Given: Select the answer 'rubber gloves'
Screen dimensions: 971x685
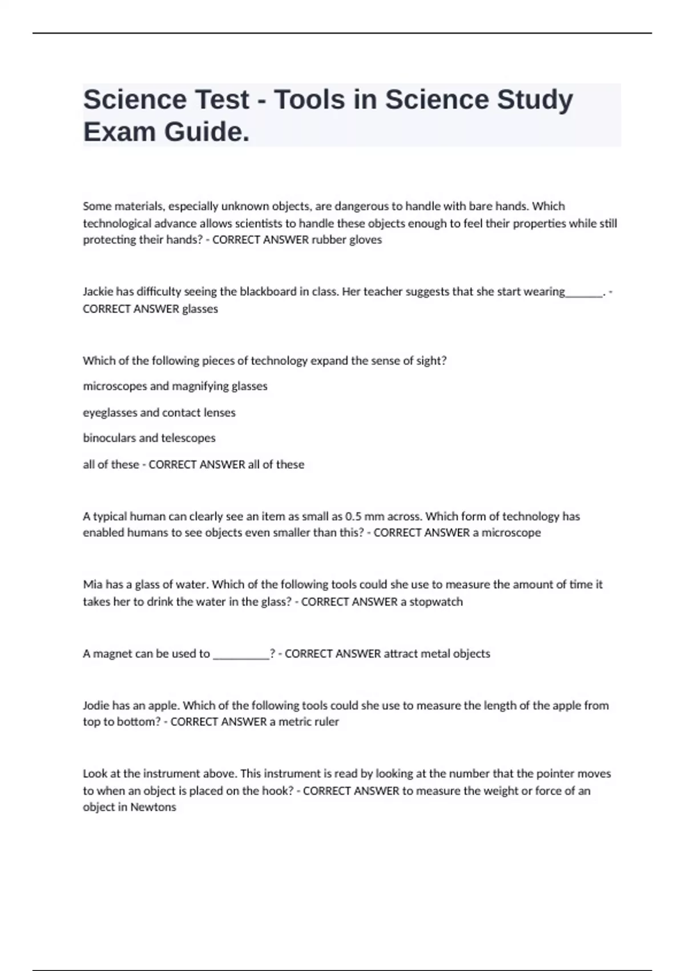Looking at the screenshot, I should tap(346, 240).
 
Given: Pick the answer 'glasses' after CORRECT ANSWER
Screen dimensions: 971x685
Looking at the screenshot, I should tap(200, 309).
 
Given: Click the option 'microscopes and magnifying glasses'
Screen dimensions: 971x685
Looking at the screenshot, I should tap(175, 386).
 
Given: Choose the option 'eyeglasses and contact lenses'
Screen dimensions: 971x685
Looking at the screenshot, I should tap(159, 412).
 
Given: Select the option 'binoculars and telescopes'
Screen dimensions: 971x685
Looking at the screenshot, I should tap(149, 438).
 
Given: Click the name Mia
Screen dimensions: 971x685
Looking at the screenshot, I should tap(92, 584).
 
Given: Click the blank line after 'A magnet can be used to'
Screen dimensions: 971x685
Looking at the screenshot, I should tap(241, 655).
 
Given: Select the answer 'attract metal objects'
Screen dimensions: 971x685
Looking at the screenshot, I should tap(437, 653).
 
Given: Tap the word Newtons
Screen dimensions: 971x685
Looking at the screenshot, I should tap(153, 807).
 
